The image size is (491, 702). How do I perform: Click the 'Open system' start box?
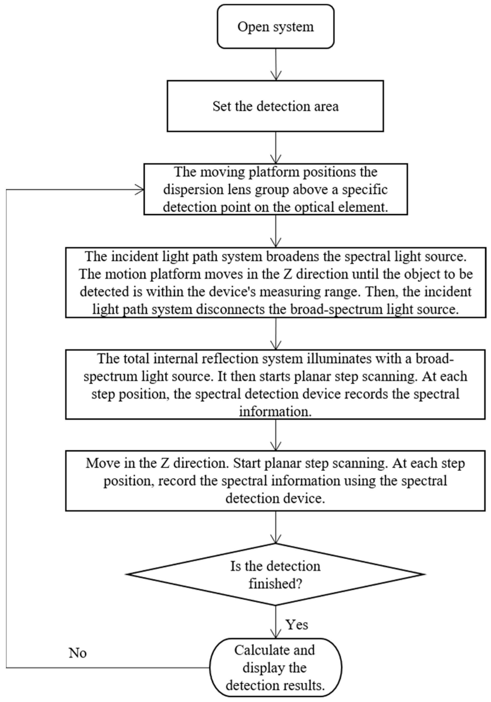[275, 27]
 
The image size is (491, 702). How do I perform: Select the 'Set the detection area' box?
[275, 106]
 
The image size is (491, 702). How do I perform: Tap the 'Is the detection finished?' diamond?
[275, 575]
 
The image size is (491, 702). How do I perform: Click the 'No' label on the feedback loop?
[77, 653]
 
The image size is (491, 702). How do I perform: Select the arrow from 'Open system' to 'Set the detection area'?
[276, 64]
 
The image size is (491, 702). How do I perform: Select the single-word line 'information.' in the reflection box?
[275, 412]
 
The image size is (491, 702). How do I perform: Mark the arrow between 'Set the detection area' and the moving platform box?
[276, 148]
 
